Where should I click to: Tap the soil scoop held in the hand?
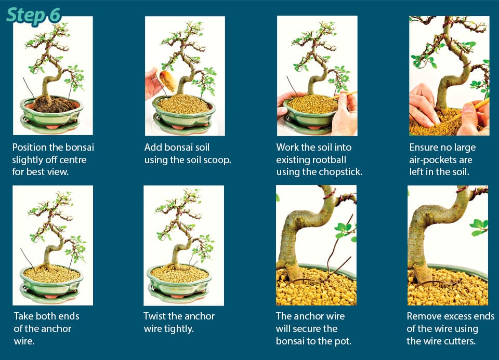(168, 81)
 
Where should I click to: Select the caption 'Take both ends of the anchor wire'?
(46, 328)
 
